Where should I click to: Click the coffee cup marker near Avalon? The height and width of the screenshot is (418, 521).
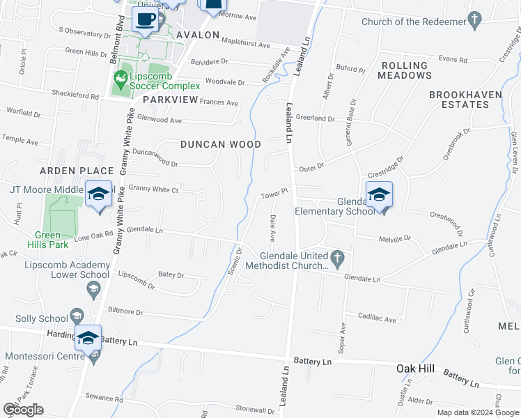coord(145,20)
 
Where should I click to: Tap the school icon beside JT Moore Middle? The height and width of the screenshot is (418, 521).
coord(99,194)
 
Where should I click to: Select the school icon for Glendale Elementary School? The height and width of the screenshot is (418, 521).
coord(379,194)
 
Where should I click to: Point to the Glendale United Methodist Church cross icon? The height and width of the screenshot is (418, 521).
coord(337,258)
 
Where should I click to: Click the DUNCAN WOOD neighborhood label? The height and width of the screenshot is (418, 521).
coord(220,145)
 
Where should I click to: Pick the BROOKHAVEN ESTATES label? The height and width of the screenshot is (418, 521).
coord(459,99)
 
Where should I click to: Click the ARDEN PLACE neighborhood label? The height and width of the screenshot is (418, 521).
coord(77,171)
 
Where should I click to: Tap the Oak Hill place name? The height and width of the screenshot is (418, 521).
coord(416,368)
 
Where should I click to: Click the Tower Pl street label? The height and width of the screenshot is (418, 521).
coord(274,193)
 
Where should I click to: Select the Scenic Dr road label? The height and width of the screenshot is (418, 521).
coord(235,261)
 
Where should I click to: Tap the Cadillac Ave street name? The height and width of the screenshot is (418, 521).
coord(378,319)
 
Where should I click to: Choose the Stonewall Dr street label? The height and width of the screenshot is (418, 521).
coord(256,408)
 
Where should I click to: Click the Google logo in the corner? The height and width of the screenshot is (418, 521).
coord(23,410)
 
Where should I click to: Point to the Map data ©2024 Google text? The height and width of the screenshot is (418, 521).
coord(477,412)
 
